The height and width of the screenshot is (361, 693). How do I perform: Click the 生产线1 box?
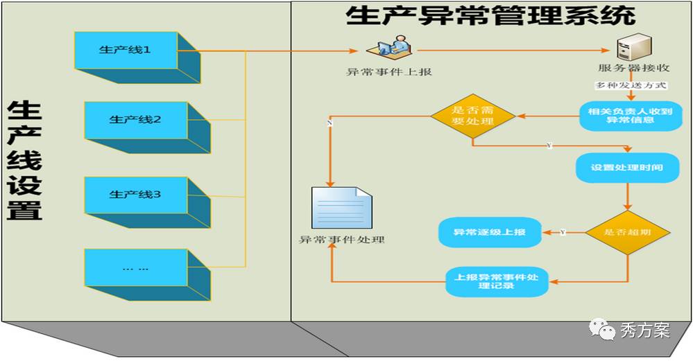tap(125, 51)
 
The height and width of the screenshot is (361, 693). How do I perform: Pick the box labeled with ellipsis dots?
tap(135, 267)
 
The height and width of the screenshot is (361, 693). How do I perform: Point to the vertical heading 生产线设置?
tap(25, 161)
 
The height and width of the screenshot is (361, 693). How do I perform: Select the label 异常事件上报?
tap(388, 71)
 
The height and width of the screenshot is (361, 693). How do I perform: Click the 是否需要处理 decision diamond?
tap(472, 115)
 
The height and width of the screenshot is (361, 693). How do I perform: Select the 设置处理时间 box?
tap(626, 168)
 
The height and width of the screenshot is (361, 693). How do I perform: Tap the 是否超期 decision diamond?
tap(627, 232)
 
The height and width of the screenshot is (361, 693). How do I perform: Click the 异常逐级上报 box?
tap(489, 232)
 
